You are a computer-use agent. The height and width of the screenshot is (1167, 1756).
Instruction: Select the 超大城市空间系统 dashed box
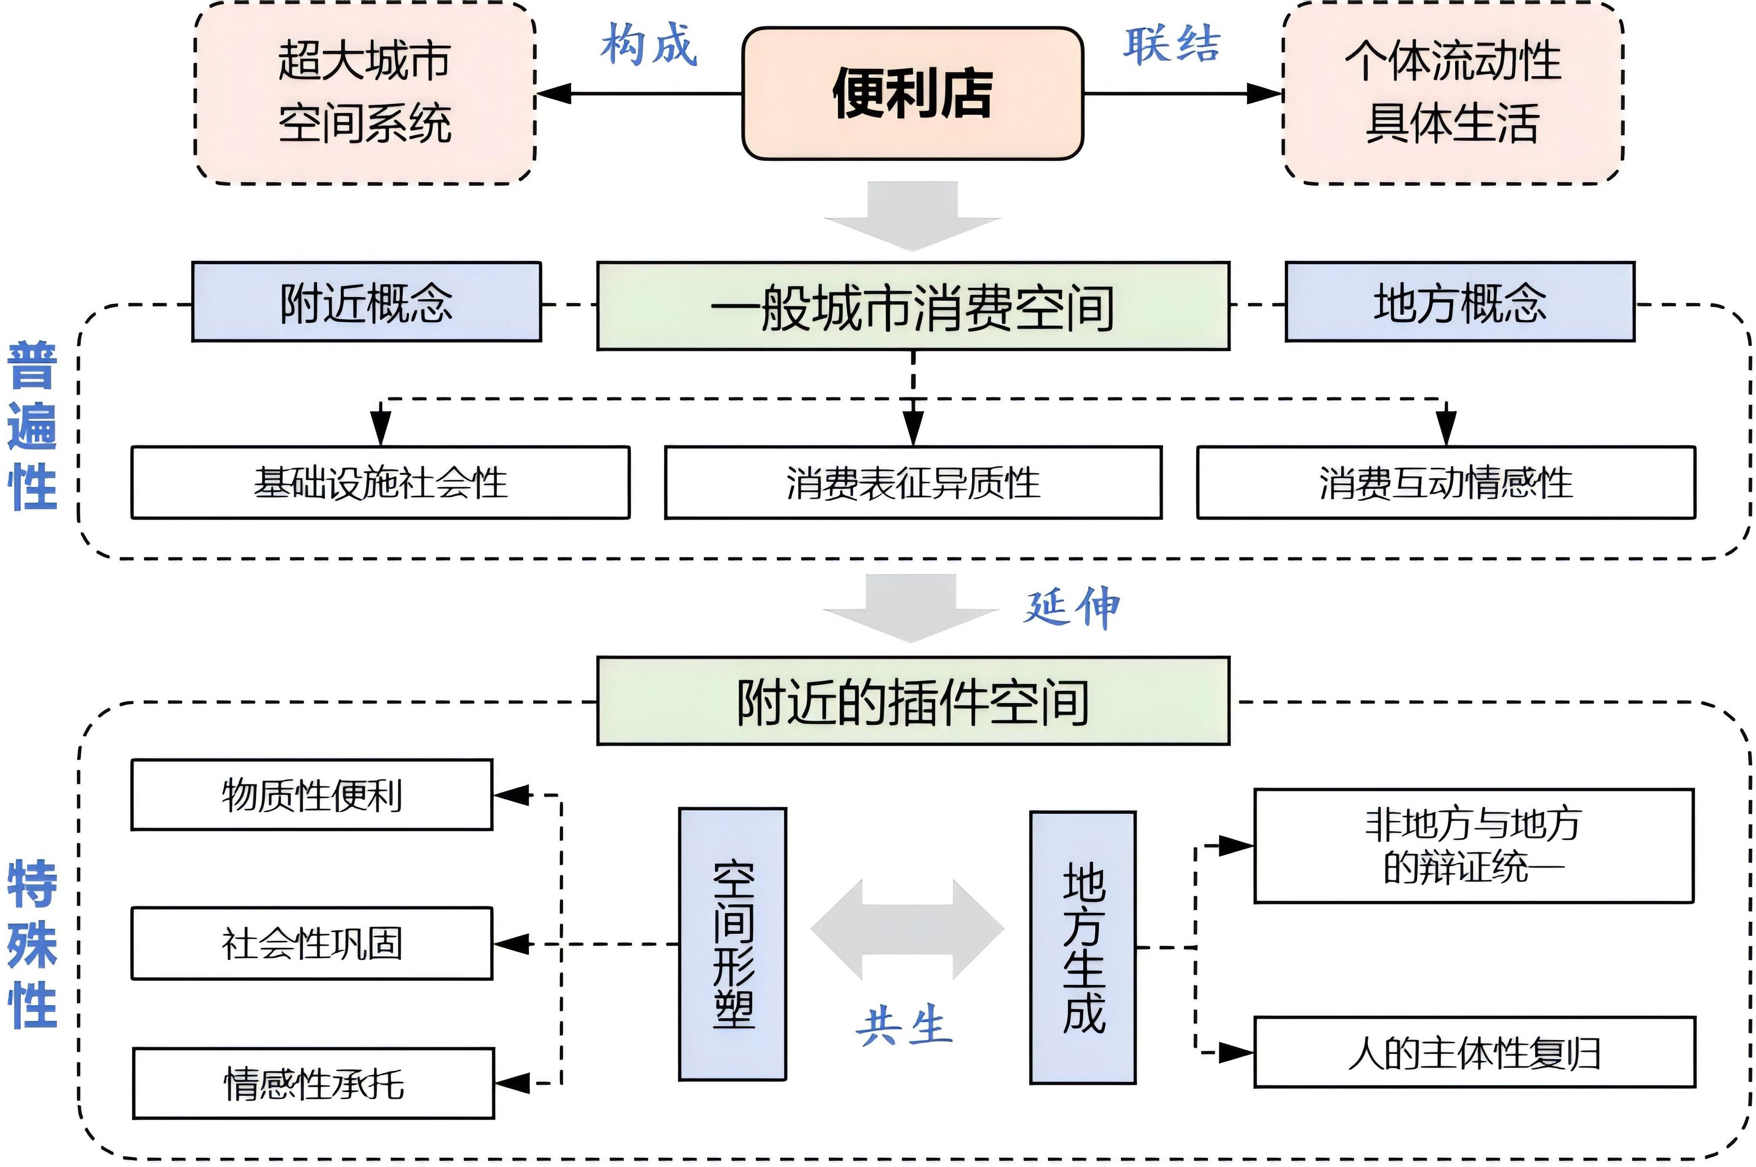click(365, 93)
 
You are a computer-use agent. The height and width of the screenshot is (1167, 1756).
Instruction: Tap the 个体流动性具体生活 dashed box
click(1453, 93)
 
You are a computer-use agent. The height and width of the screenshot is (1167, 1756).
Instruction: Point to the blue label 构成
click(649, 45)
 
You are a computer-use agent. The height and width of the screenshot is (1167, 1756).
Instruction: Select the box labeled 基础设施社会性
click(380, 482)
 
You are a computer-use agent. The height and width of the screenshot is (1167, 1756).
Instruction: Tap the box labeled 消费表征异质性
click(913, 482)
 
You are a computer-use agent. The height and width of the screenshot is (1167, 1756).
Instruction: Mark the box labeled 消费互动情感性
click(1446, 482)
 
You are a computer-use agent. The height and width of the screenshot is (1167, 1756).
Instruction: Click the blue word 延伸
click(1071, 607)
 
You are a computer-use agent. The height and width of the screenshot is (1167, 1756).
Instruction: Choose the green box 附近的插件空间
click(913, 701)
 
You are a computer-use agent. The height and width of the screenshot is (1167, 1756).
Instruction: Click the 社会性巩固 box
click(312, 943)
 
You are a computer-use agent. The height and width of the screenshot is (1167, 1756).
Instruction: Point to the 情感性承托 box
click(313, 1084)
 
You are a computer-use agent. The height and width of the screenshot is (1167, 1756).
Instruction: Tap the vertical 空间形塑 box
click(732, 944)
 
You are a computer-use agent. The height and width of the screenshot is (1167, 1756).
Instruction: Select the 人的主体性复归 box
click(1474, 1052)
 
